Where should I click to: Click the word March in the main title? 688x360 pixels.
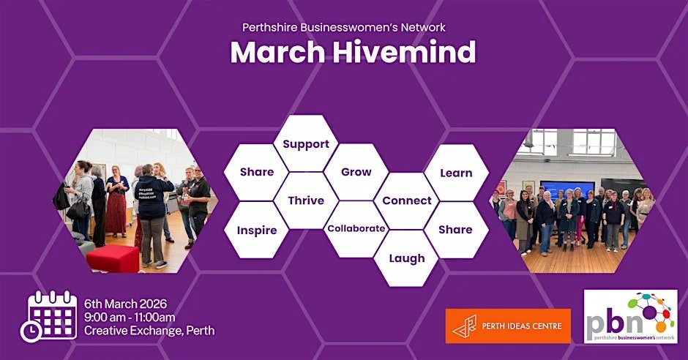(272, 52)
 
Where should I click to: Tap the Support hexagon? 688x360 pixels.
(306, 144)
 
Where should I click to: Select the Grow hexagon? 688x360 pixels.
(356, 172)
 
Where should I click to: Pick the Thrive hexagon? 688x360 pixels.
(306, 200)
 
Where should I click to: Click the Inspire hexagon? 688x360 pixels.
(257, 230)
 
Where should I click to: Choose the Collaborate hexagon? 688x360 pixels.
(356, 228)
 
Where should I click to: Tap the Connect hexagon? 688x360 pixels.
(407, 200)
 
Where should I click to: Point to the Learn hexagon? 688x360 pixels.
(456, 173)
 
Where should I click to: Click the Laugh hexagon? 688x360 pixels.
(407, 258)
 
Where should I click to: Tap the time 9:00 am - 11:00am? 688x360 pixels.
(130, 317)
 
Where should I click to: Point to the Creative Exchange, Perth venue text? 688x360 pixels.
(149, 331)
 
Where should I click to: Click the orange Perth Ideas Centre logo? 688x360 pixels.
(508, 326)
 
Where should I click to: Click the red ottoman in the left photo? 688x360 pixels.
(113, 258)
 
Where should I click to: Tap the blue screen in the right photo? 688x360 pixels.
(567, 190)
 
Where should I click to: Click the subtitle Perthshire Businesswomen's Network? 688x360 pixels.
(344, 28)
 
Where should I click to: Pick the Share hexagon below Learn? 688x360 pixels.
(455, 229)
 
